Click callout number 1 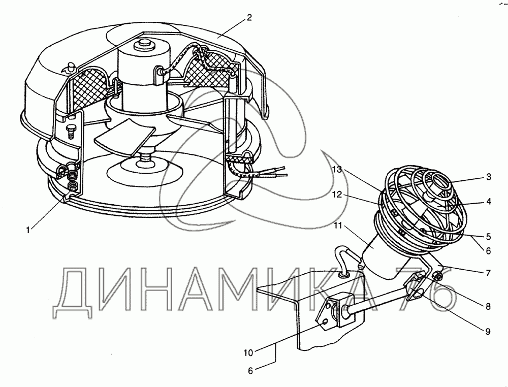(28, 230)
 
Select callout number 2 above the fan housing (249, 18)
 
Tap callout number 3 (489, 177)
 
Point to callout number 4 (489, 202)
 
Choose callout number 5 (489, 237)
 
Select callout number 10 (248, 352)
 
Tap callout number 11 (338, 225)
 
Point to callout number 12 (337, 195)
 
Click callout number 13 (337, 169)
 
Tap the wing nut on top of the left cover (69, 68)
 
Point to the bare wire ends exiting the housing (278, 172)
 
